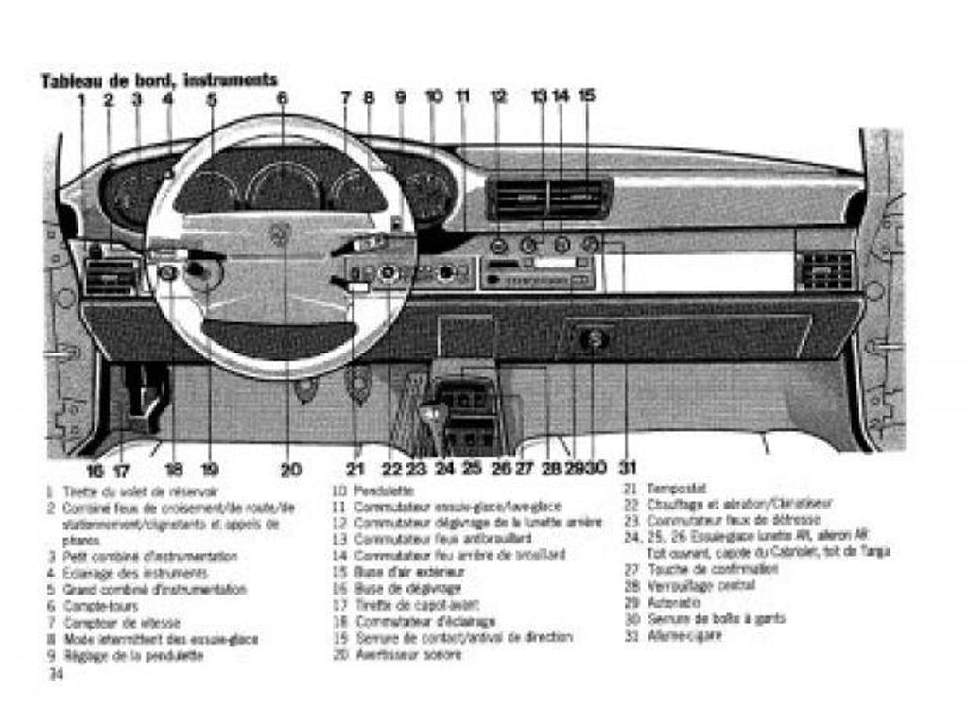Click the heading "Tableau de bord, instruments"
tap(159, 80)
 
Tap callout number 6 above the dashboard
tap(282, 97)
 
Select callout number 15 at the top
tap(587, 95)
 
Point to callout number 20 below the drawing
tap(291, 469)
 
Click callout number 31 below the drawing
tap(628, 467)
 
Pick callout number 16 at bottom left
tap(95, 470)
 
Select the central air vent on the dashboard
tap(548, 198)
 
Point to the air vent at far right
tap(827, 269)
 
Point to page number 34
tap(56, 674)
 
